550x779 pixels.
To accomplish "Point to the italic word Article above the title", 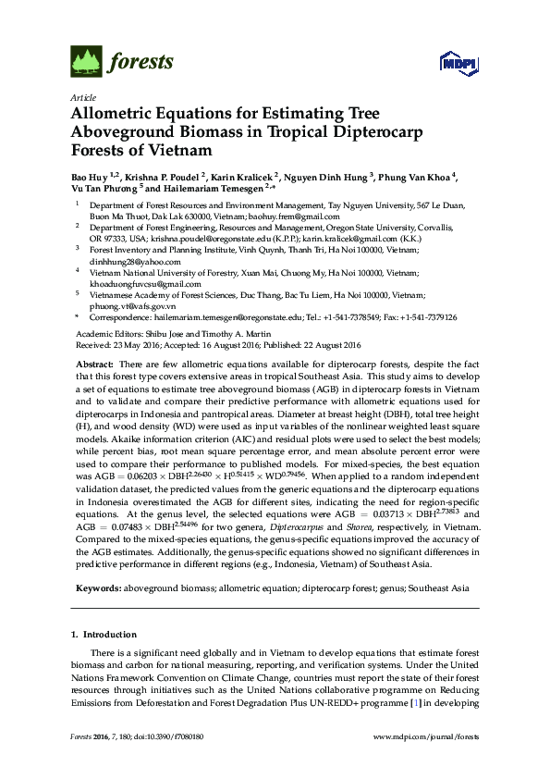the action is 82,97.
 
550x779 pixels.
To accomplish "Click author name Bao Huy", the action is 90,174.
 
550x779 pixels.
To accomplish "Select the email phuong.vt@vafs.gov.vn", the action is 132,304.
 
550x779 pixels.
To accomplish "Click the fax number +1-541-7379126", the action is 423,316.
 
